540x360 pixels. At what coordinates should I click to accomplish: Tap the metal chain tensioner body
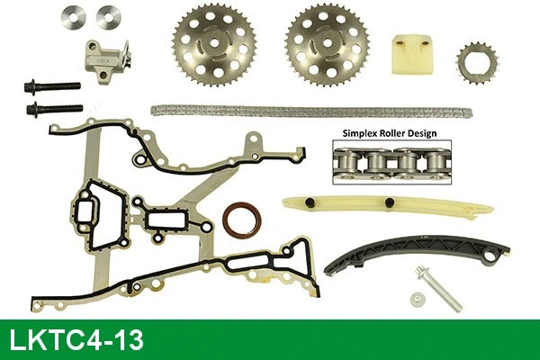click(x=107, y=61)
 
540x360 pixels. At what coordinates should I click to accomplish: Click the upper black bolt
click(x=52, y=85)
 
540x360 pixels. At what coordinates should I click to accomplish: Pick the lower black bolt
click(x=54, y=109)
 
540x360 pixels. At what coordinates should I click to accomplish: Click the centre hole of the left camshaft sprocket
click(x=214, y=42)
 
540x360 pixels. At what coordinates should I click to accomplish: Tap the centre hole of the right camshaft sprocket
click(x=328, y=43)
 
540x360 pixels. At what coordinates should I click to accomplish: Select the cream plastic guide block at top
click(x=413, y=53)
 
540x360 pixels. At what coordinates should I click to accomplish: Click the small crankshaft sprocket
click(x=477, y=63)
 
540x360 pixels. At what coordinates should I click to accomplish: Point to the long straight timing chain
click(x=311, y=112)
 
